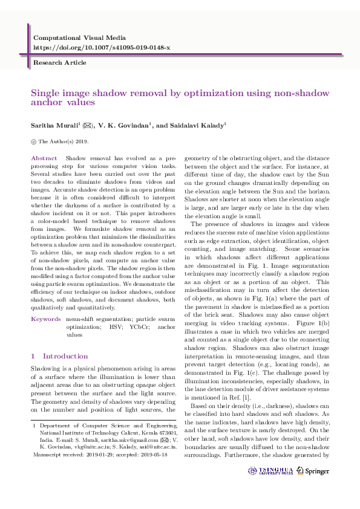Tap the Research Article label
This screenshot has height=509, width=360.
(59, 62)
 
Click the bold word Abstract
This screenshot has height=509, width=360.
(44, 158)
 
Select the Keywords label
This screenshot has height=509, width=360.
(45, 318)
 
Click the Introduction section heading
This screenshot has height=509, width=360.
(65, 356)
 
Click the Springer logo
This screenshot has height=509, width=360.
(316, 471)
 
